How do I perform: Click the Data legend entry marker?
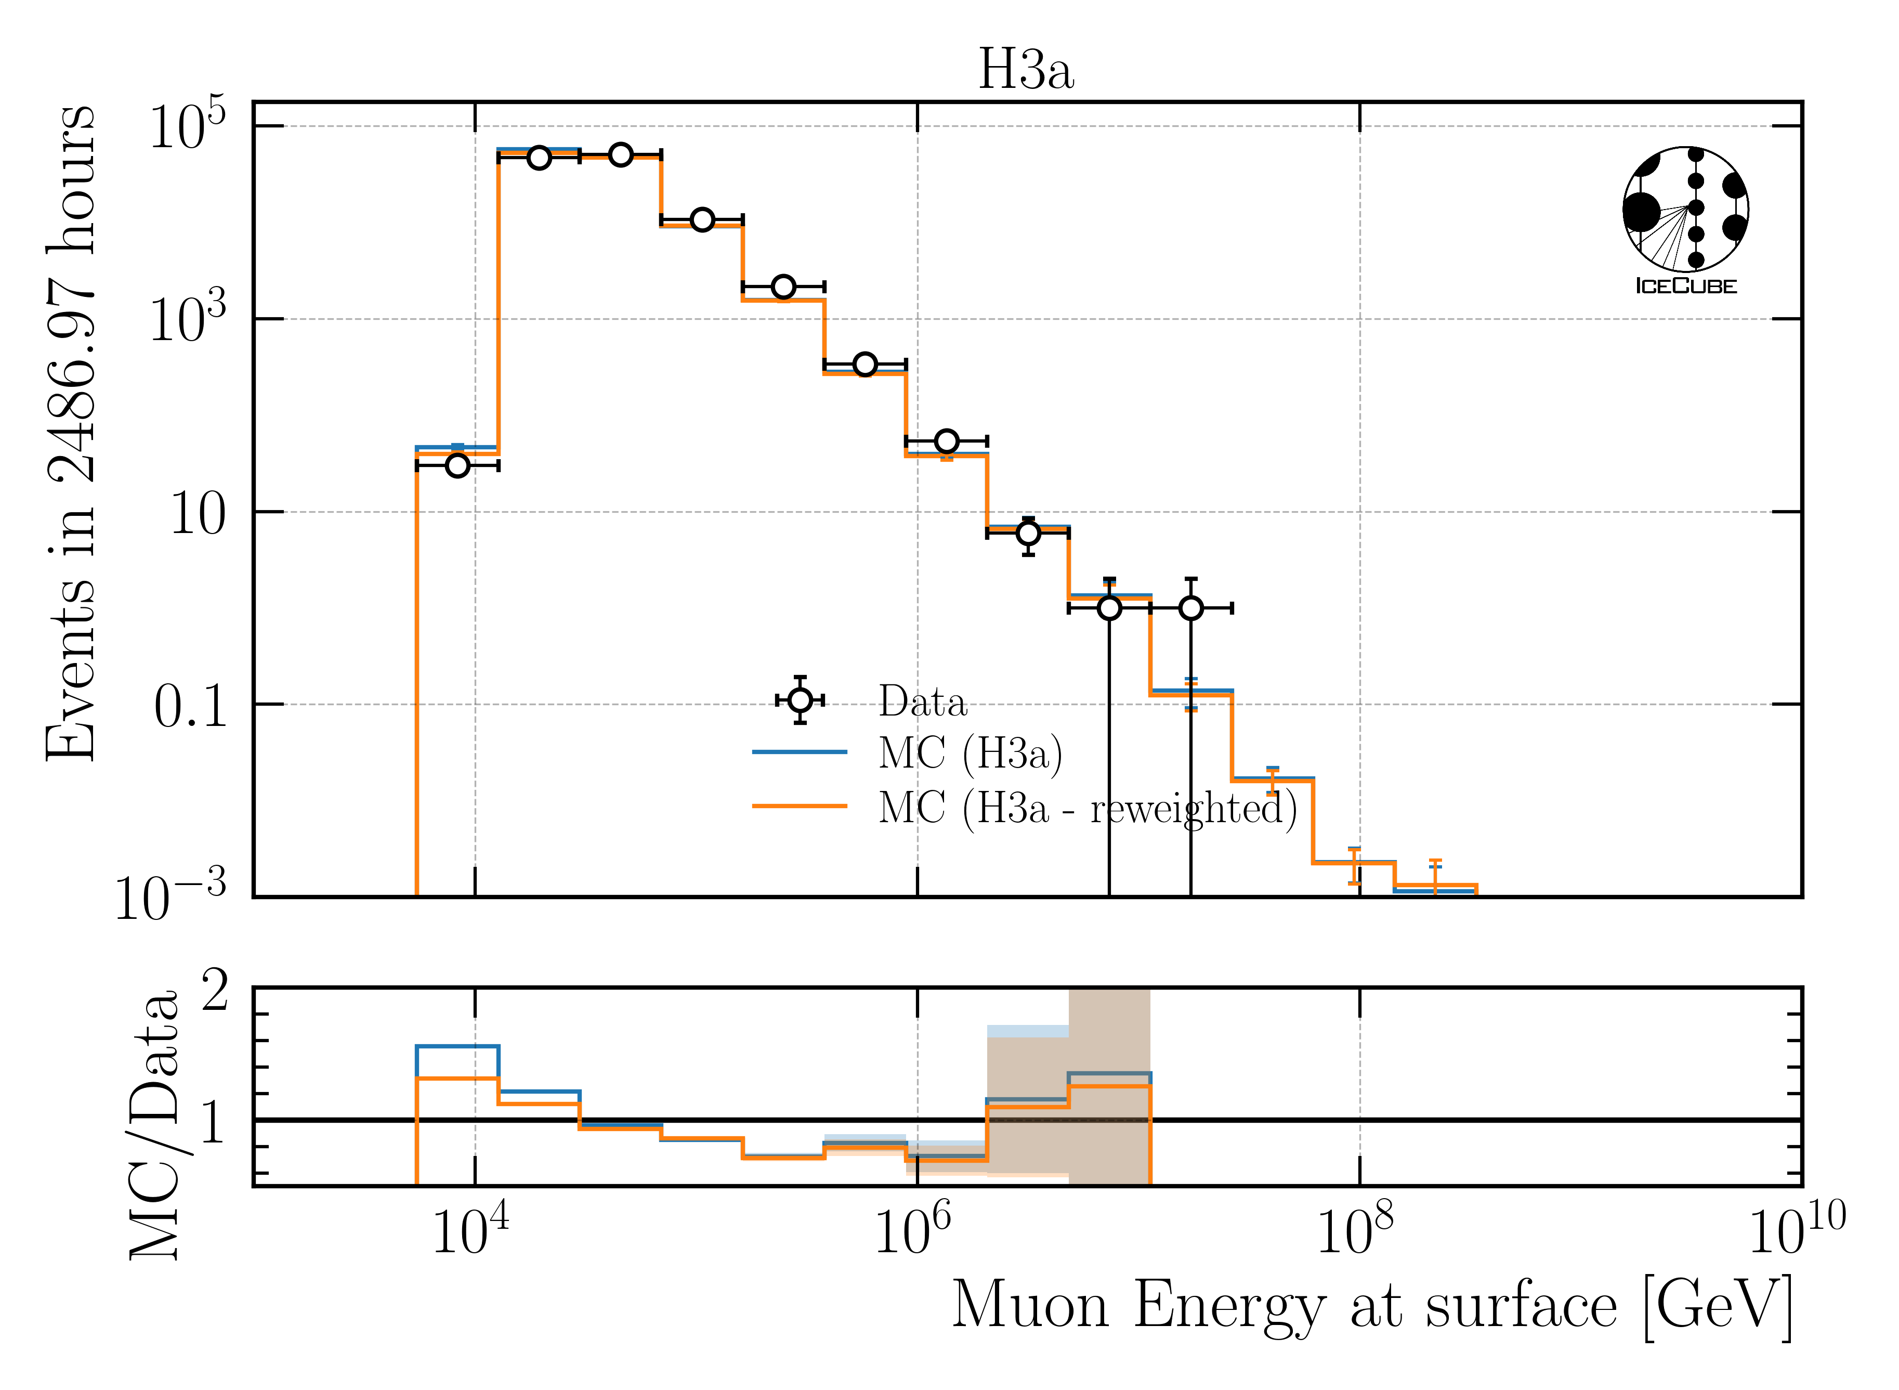pyautogui.click(x=800, y=700)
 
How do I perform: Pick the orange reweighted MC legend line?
pyautogui.click(x=799, y=806)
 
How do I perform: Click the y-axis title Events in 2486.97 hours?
pyautogui.click(x=72, y=433)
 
